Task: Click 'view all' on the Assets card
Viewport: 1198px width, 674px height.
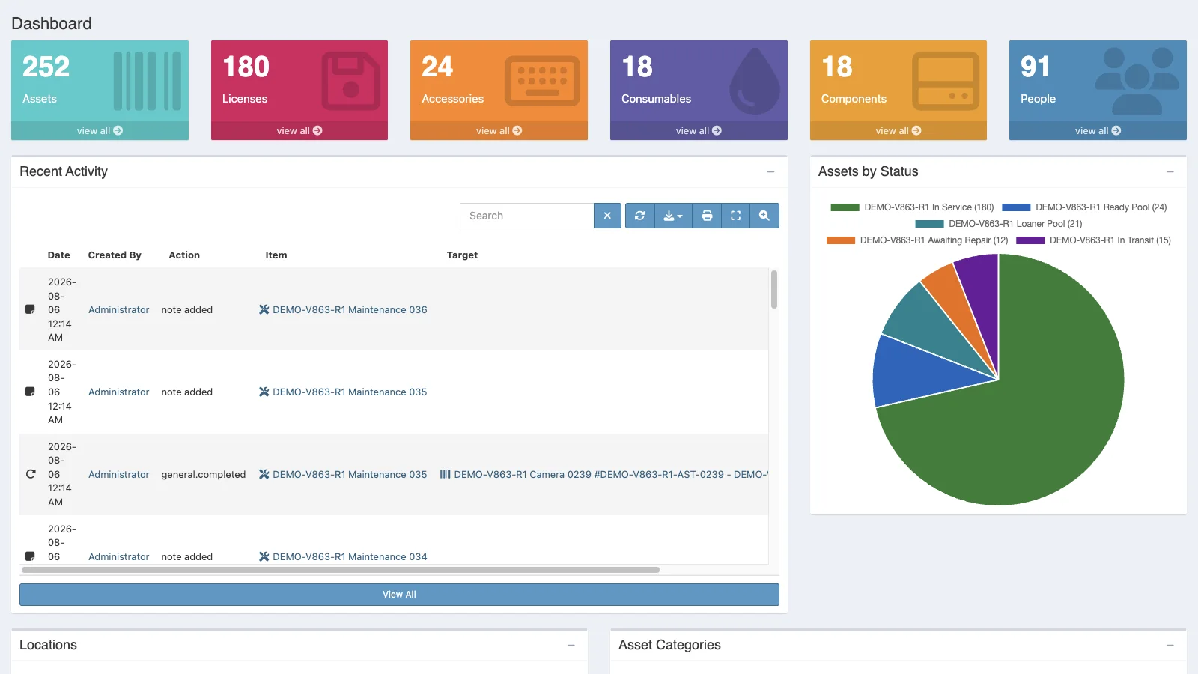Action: pyautogui.click(x=100, y=130)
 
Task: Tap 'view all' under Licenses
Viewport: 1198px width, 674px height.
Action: pyautogui.click(x=299, y=130)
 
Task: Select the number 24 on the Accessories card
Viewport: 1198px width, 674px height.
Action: pyautogui.click(x=437, y=67)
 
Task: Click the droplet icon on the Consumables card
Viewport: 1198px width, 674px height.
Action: pyautogui.click(x=755, y=81)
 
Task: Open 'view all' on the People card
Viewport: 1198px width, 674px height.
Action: pyautogui.click(x=1098, y=130)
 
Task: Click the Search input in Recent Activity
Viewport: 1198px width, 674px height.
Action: pyautogui.click(x=527, y=216)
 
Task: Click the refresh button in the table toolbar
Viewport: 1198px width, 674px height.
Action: pyautogui.click(x=639, y=216)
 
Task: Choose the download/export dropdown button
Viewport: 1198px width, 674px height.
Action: pyautogui.click(x=673, y=216)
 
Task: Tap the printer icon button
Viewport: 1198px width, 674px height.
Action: pyautogui.click(x=707, y=216)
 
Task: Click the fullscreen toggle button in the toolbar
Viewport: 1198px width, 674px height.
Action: pyautogui.click(x=736, y=216)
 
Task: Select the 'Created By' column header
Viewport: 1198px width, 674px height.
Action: pyautogui.click(x=115, y=255)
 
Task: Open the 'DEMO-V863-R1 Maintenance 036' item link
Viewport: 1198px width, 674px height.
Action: pyautogui.click(x=350, y=310)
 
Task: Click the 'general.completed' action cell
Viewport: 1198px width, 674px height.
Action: pyautogui.click(x=203, y=475)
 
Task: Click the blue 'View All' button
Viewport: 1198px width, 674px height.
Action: pyautogui.click(x=399, y=595)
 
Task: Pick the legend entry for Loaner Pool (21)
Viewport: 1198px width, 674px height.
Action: pyautogui.click(x=999, y=224)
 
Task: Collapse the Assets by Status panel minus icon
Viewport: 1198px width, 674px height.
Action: pyautogui.click(x=1170, y=171)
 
